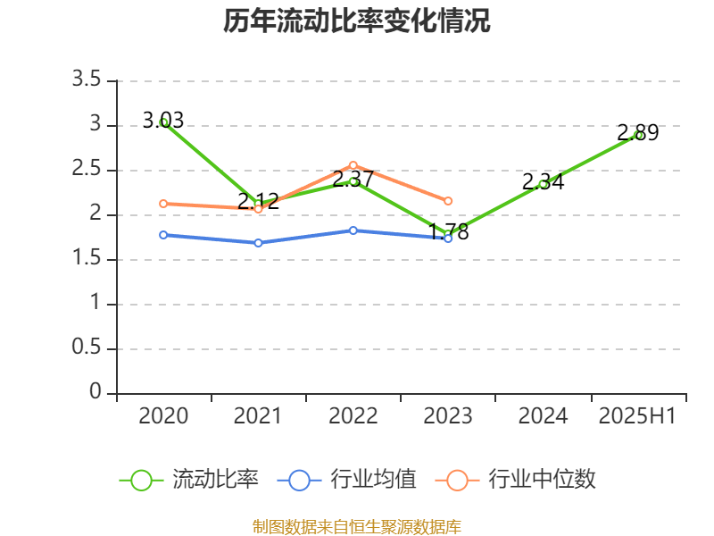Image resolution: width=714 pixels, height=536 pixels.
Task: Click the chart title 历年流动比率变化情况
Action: point(357,21)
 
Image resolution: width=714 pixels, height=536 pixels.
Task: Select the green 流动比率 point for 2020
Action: point(164,122)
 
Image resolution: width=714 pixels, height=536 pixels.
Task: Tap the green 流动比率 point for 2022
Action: point(353,181)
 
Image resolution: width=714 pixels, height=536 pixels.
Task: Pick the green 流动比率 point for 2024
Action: point(543,184)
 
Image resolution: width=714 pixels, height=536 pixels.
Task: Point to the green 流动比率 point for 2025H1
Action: point(638,135)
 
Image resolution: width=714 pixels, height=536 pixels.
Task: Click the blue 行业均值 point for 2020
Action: point(164,235)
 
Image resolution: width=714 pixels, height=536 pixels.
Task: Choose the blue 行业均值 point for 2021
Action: point(259,243)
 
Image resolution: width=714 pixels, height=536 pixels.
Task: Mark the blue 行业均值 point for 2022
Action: point(353,230)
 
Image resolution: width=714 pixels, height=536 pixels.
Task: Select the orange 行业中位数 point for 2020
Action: point(164,204)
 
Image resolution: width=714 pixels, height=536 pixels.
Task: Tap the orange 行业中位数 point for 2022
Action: point(353,165)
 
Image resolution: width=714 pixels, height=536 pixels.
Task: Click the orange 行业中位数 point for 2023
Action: point(448,201)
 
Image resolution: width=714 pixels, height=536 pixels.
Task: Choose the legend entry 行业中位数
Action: point(517,480)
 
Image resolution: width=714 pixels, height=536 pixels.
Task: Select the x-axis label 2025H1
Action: point(637,416)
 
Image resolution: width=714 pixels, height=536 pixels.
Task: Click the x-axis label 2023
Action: point(448,416)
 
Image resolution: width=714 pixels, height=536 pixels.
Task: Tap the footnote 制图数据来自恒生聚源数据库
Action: point(357,526)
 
